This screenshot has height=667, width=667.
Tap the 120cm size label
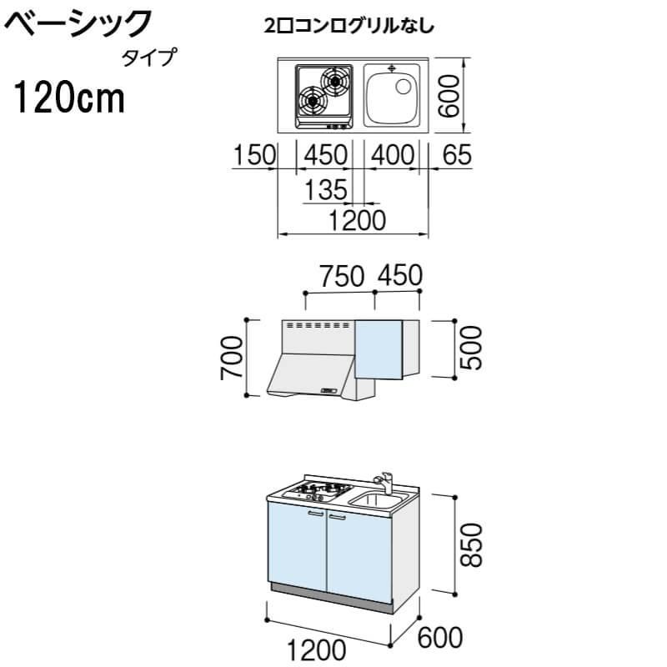(x=68, y=98)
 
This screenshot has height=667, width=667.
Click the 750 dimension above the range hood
(x=342, y=275)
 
